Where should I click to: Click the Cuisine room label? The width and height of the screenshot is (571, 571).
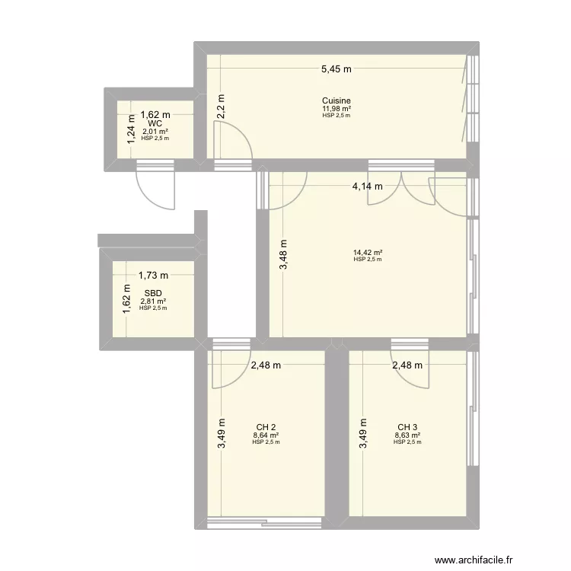[336, 100]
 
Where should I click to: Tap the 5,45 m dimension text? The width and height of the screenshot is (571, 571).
[336, 69]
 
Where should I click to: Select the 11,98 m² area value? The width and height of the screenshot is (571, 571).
[336, 109]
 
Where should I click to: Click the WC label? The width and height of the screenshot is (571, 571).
[155, 123]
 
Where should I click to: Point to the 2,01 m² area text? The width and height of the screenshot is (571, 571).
[155, 132]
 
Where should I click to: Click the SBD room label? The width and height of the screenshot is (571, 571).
[153, 292]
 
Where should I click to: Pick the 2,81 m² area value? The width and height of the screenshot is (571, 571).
[153, 301]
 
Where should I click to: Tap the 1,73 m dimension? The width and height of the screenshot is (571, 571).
[153, 276]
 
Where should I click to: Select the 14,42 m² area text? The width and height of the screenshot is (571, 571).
[368, 253]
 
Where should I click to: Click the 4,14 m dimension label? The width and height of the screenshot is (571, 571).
[367, 185]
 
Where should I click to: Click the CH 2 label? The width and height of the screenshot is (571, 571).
[265, 427]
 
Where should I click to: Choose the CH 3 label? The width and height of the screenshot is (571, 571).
[407, 427]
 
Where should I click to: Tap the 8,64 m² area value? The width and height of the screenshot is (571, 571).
[265, 435]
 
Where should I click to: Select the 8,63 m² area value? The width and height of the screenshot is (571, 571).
[407, 435]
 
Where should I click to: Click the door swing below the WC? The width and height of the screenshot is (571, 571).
[155, 187]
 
